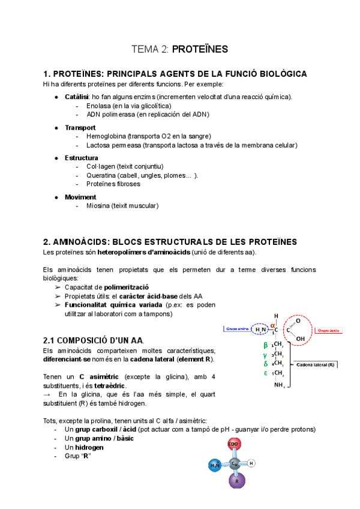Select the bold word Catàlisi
(x=77, y=97)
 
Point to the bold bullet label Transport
(x=80, y=127)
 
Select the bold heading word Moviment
(x=80, y=197)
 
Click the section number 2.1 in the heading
(x=50, y=340)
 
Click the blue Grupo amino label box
(x=235, y=328)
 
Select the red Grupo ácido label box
(x=329, y=330)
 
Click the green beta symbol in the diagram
(x=265, y=345)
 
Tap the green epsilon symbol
(x=265, y=373)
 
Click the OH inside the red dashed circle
(x=300, y=339)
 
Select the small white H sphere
(x=252, y=463)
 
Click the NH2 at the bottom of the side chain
(x=279, y=385)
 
